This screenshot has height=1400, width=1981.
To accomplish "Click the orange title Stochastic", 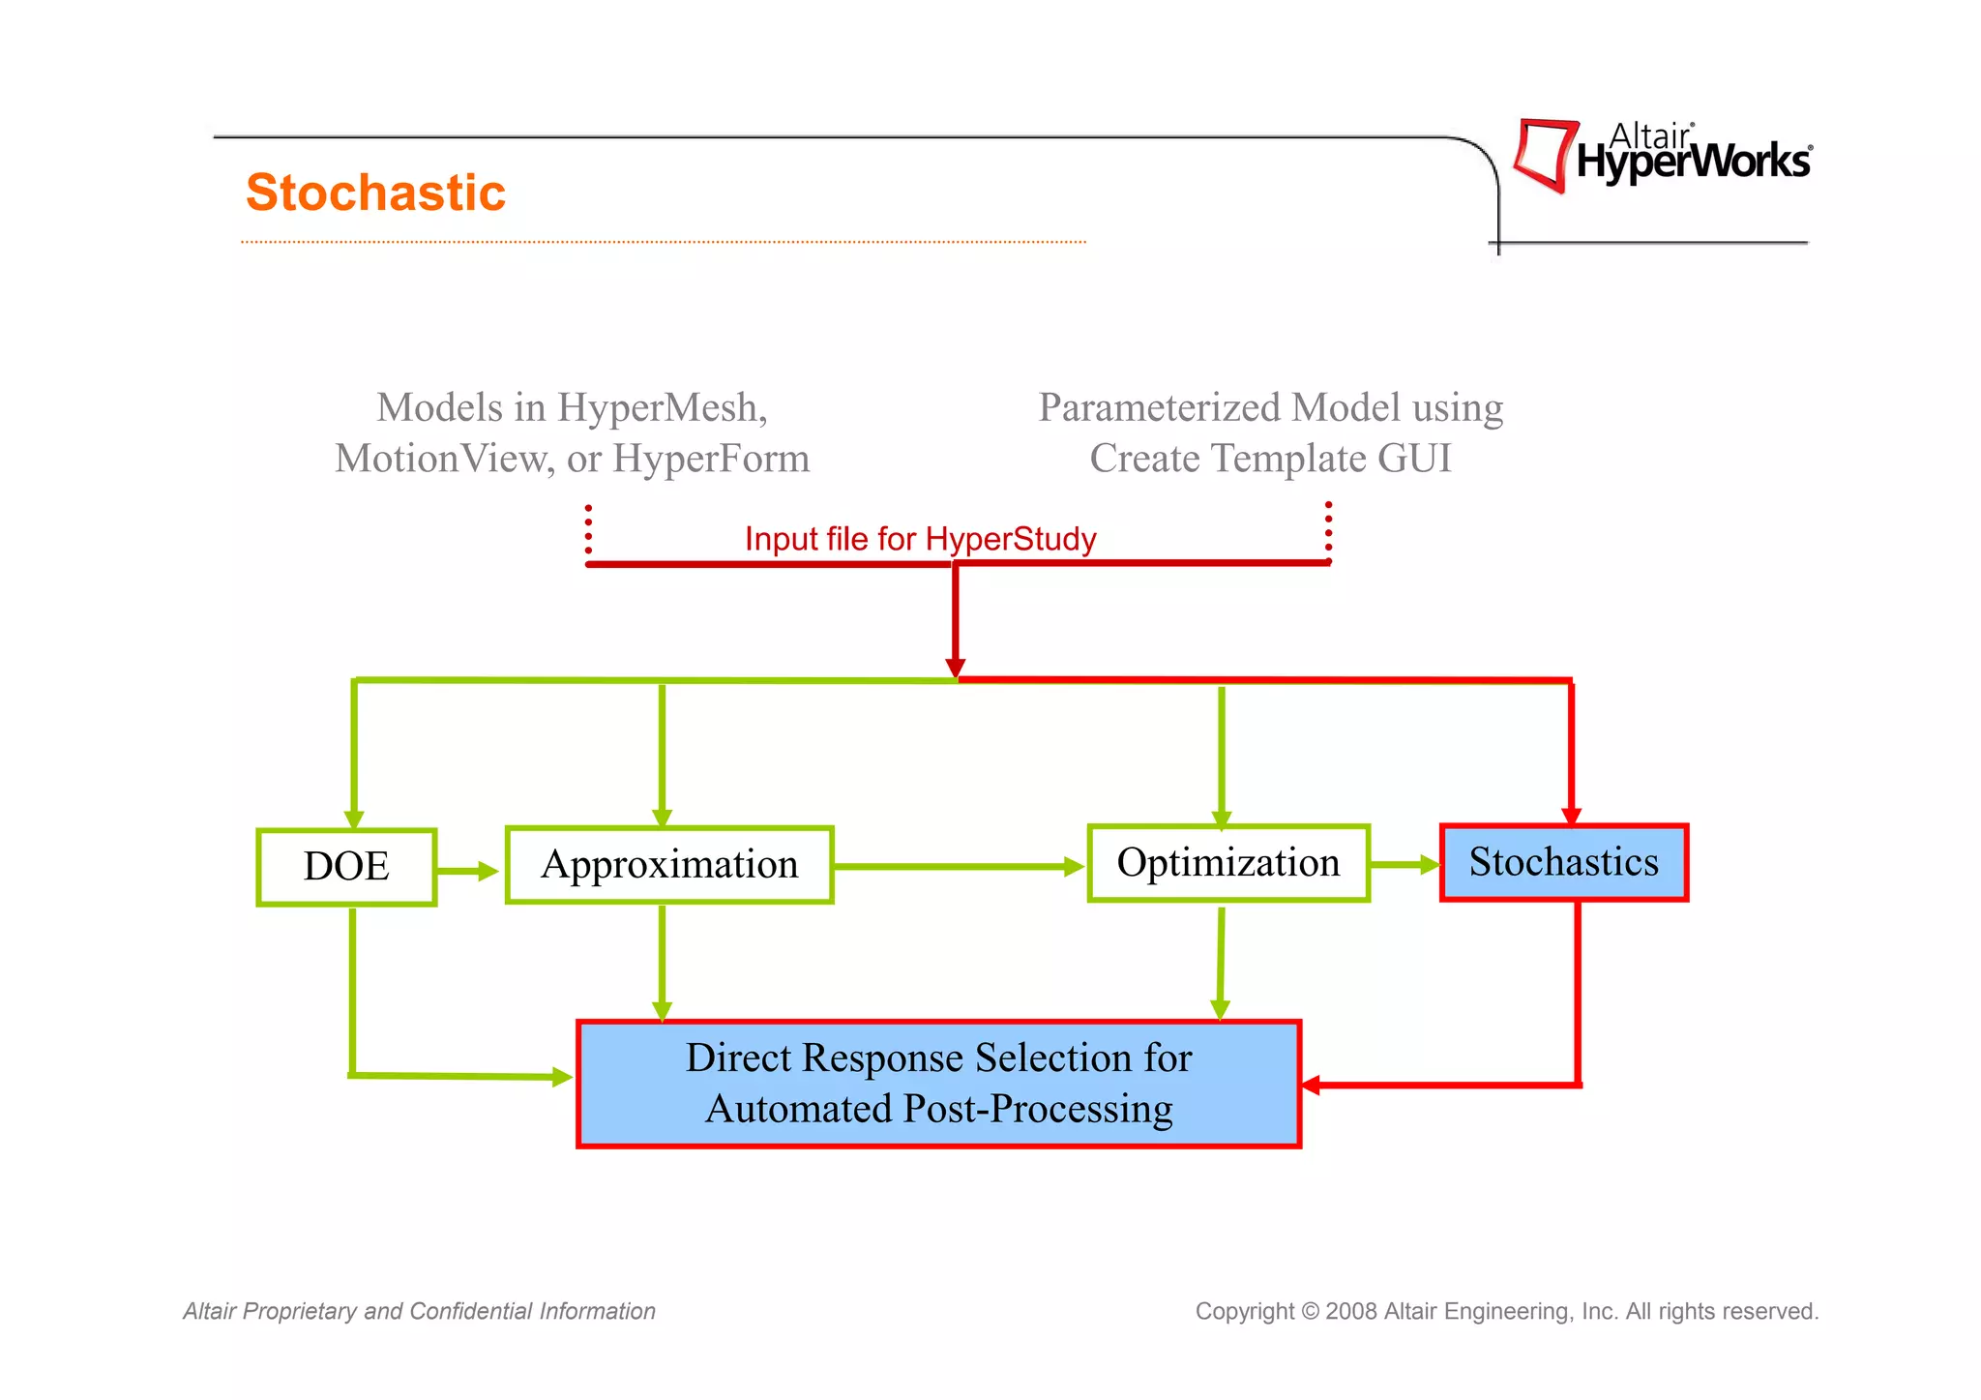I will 375,193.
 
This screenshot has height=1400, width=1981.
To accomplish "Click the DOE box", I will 346,866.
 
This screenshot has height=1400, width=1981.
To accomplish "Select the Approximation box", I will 669,865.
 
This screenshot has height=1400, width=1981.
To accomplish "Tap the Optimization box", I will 1228,863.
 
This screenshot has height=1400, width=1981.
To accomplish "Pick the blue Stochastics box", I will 1563,862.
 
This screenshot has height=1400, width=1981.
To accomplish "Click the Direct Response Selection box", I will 938,1084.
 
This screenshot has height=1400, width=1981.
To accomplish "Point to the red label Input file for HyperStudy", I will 920,539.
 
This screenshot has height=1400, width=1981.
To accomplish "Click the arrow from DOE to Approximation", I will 469,871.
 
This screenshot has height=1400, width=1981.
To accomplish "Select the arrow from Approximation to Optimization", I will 958,867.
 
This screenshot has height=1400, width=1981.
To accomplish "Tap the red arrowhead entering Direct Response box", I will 1312,1085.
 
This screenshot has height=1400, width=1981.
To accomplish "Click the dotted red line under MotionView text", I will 588,530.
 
